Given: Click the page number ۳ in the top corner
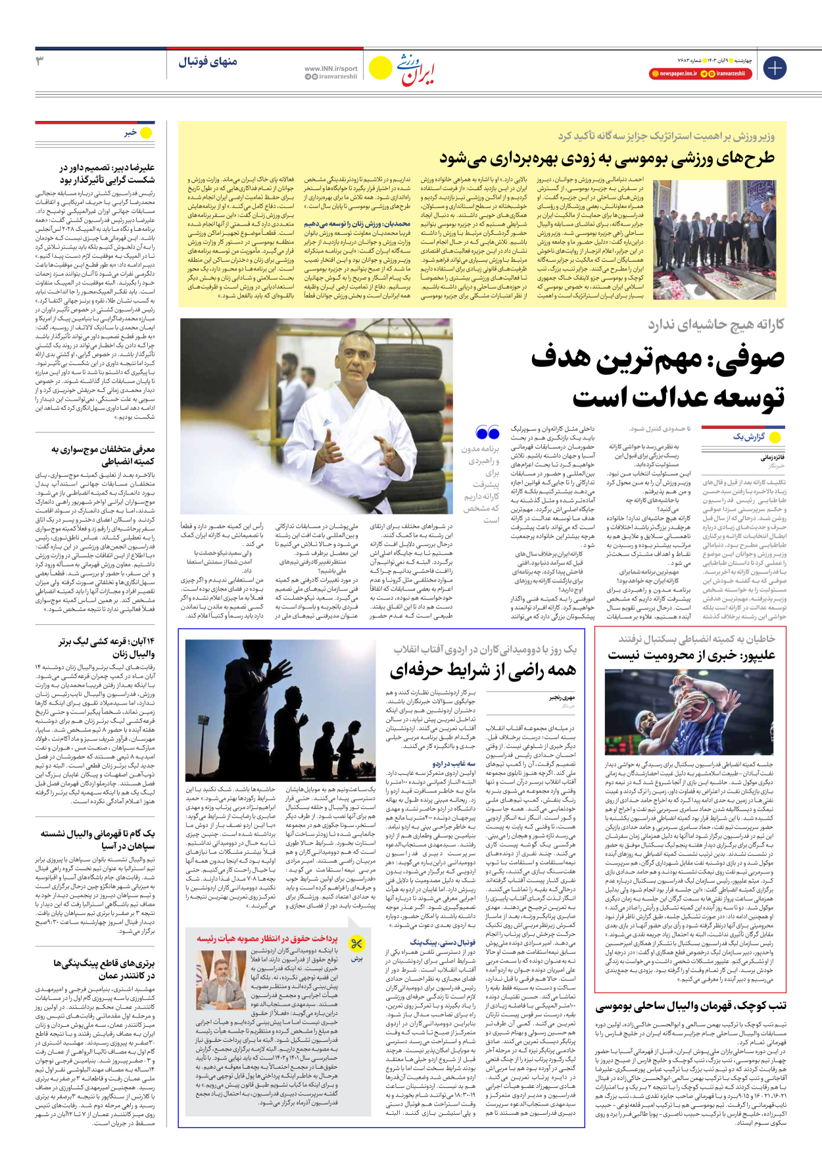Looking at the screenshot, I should click(40, 61).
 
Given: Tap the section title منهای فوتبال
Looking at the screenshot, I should click(207, 62).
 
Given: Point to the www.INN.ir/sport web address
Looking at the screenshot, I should click(331, 68).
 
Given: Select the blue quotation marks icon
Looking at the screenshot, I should click(487, 433).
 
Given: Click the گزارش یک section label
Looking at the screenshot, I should click(748, 437).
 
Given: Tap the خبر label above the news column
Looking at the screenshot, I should click(130, 133).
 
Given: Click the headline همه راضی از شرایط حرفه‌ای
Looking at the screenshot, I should click(483, 671).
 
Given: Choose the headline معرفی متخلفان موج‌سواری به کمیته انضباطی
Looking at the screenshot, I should click(103, 455).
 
